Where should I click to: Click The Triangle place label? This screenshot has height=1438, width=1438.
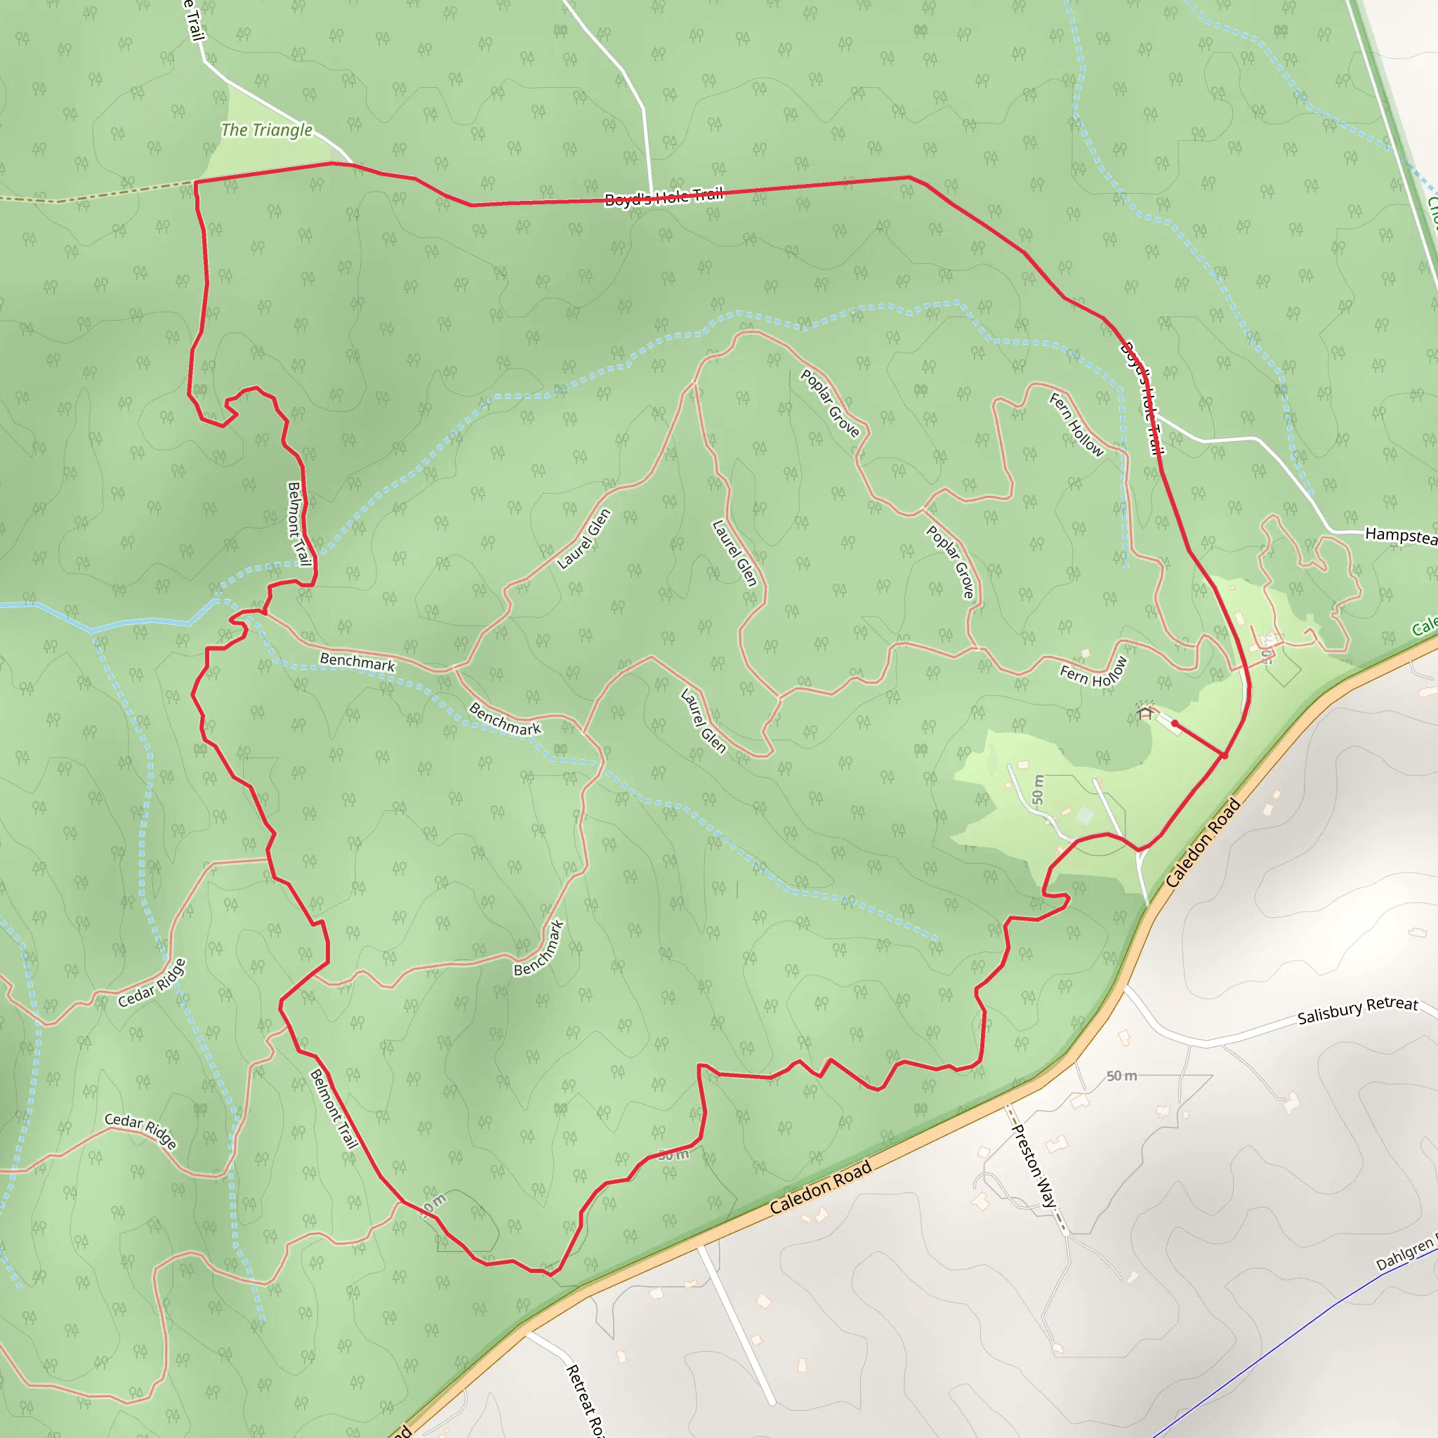click(x=266, y=131)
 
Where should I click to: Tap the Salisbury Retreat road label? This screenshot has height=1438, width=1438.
click(x=1358, y=1010)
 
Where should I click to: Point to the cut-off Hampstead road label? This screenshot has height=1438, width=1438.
click(x=1400, y=535)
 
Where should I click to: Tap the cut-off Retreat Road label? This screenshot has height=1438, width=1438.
click(x=585, y=1400)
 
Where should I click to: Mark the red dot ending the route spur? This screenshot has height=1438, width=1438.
click(x=1175, y=723)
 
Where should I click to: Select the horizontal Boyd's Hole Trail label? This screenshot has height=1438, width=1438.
click(x=663, y=197)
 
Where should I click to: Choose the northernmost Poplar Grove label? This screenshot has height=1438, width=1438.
click(x=830, y=402)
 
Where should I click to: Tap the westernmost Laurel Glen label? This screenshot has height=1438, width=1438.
click(x=584, y=540)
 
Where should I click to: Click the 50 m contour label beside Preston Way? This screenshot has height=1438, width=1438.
click(x=1121, y=1076)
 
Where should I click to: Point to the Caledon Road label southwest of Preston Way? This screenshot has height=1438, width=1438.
click(x=820, y=1188)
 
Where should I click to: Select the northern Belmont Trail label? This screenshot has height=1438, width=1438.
click(x=298, y=524)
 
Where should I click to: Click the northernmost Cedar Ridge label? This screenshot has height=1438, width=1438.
click(x=152, y=983)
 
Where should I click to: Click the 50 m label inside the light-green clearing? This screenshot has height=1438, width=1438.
click(x=1038, y=790)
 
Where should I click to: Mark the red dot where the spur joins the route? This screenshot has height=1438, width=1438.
click(x=1225, y=756)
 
